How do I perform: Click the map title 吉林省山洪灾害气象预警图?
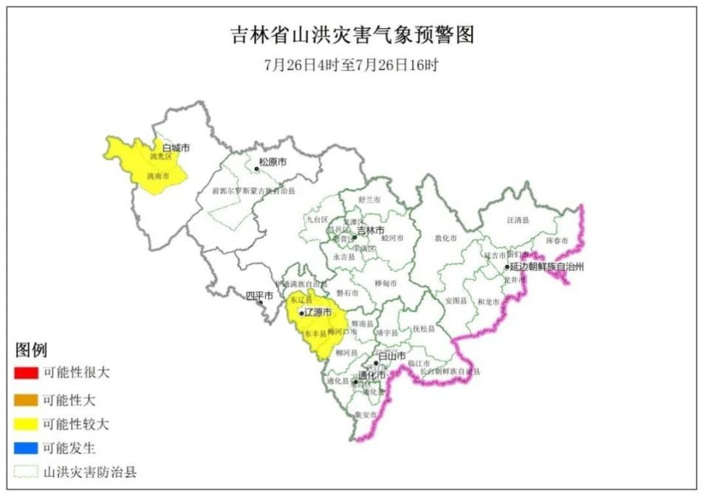352,35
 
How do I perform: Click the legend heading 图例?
31,349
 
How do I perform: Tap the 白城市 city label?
176,148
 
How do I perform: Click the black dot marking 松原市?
257,169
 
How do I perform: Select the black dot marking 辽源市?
301,314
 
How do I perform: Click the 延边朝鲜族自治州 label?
547,267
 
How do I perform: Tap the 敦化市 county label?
445,239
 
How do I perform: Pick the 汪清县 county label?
518,220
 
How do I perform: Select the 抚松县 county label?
422,329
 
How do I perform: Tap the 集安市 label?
365,414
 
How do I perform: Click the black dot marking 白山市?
375,363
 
